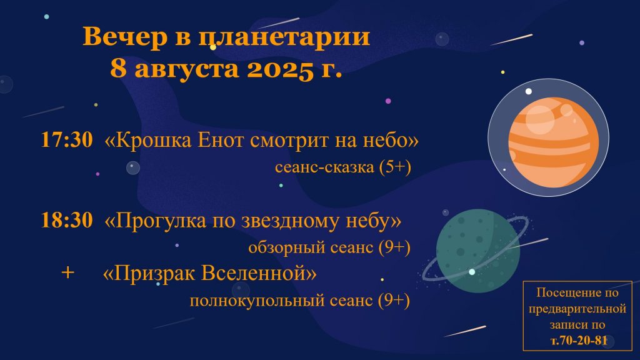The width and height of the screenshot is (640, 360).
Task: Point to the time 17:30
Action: point(67,139)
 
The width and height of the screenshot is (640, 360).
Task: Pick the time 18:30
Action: point(67,220)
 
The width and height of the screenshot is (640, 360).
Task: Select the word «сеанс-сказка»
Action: point(324,167)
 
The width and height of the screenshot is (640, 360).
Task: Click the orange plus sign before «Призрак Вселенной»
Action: point(67,272)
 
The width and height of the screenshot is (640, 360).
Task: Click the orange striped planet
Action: point(554,142)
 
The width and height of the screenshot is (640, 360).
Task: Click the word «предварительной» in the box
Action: point(577,309)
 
